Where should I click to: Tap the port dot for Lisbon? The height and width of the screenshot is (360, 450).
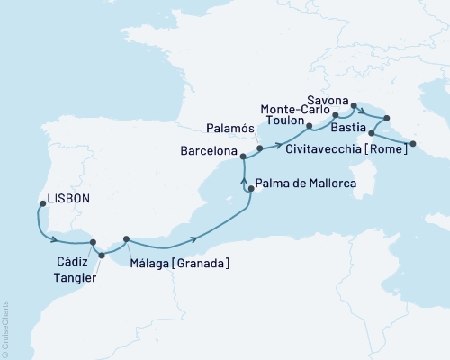[x=41, y=203]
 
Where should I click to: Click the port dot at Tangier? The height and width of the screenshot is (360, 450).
[x=101, y=255]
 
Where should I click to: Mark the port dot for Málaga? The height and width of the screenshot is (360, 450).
[x=126, y=238]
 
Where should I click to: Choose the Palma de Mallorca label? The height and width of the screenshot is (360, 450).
[x=307, y=184]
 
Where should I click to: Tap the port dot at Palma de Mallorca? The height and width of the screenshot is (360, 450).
[x=250, y=189]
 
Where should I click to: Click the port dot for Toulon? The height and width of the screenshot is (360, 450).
[x=309, y=125]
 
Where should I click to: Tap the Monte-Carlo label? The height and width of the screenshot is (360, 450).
[x=295, y=110]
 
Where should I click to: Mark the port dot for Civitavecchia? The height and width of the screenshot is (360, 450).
[x=413, y=143]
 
